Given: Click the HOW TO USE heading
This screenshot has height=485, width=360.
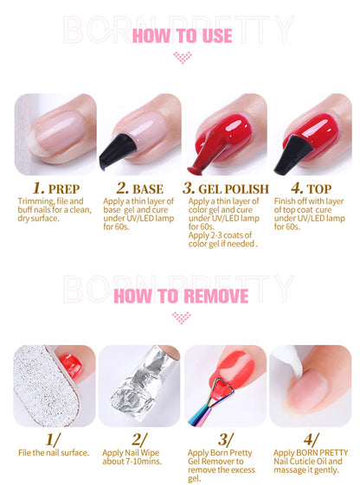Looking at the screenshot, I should [x=181, y=35].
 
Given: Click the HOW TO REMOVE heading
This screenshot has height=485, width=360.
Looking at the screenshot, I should [x=181, y=297].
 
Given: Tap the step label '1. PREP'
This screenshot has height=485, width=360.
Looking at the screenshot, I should [x=56, y=188].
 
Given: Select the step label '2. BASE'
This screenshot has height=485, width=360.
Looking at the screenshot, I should [x=140, y=188].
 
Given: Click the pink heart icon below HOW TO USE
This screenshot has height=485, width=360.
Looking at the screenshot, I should [x=181, y=58].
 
